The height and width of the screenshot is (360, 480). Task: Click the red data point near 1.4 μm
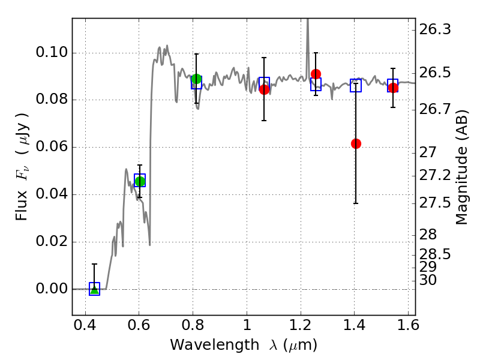[x=356, y=143]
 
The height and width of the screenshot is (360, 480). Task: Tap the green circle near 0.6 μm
[x=140, y=181]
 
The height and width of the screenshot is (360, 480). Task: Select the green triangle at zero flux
[x=95, y=290]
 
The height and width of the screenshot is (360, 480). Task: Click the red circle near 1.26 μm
[x=316, y=74]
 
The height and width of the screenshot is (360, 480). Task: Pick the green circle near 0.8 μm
[x=197, y=79]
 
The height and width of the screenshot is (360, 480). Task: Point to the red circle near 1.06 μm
[x=264, y=89]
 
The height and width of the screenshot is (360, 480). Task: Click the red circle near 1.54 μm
[x=393, y=88]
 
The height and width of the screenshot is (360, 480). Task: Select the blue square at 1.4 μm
[x=356, y=85]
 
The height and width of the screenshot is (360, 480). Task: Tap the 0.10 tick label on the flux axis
[x=52, y=52]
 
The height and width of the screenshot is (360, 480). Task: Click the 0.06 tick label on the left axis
[x=52, y=146]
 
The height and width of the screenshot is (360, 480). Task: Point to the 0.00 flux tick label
[x=52, y=289]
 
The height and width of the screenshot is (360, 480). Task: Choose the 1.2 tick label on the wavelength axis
[x=301, y=325]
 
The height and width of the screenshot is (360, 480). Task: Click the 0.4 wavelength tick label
[x=85, y=325]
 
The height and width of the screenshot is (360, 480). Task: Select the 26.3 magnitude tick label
[x=434, y=29]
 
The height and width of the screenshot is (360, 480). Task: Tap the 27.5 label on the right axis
[x=434, y=203]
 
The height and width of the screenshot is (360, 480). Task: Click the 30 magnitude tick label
[x=428, y=280]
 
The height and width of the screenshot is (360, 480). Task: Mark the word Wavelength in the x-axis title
[x=215, y=345]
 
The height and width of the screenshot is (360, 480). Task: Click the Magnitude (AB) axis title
[x=461, y=167]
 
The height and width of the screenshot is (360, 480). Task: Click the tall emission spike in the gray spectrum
[x=308, y=46]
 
